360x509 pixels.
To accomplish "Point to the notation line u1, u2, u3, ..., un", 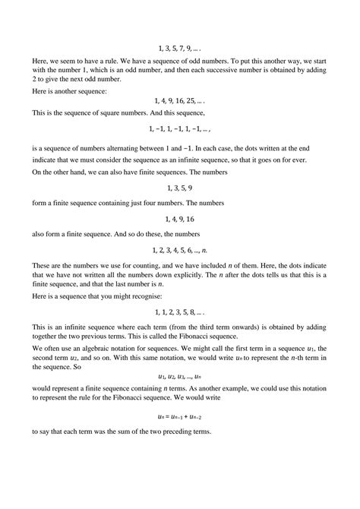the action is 180,375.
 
